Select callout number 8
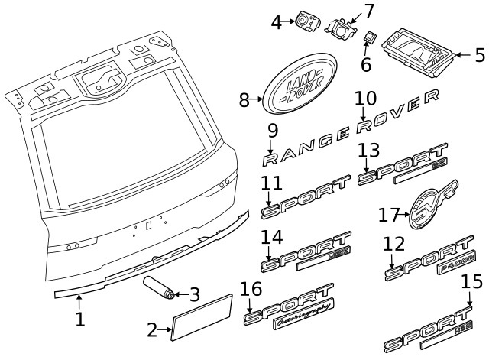[244, 100]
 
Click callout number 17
[390, 216]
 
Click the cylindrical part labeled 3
[159, 290]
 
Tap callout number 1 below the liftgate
[79, 318]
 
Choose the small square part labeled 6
[371, 36]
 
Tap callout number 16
[251, 290]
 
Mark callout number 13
[368, 150]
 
